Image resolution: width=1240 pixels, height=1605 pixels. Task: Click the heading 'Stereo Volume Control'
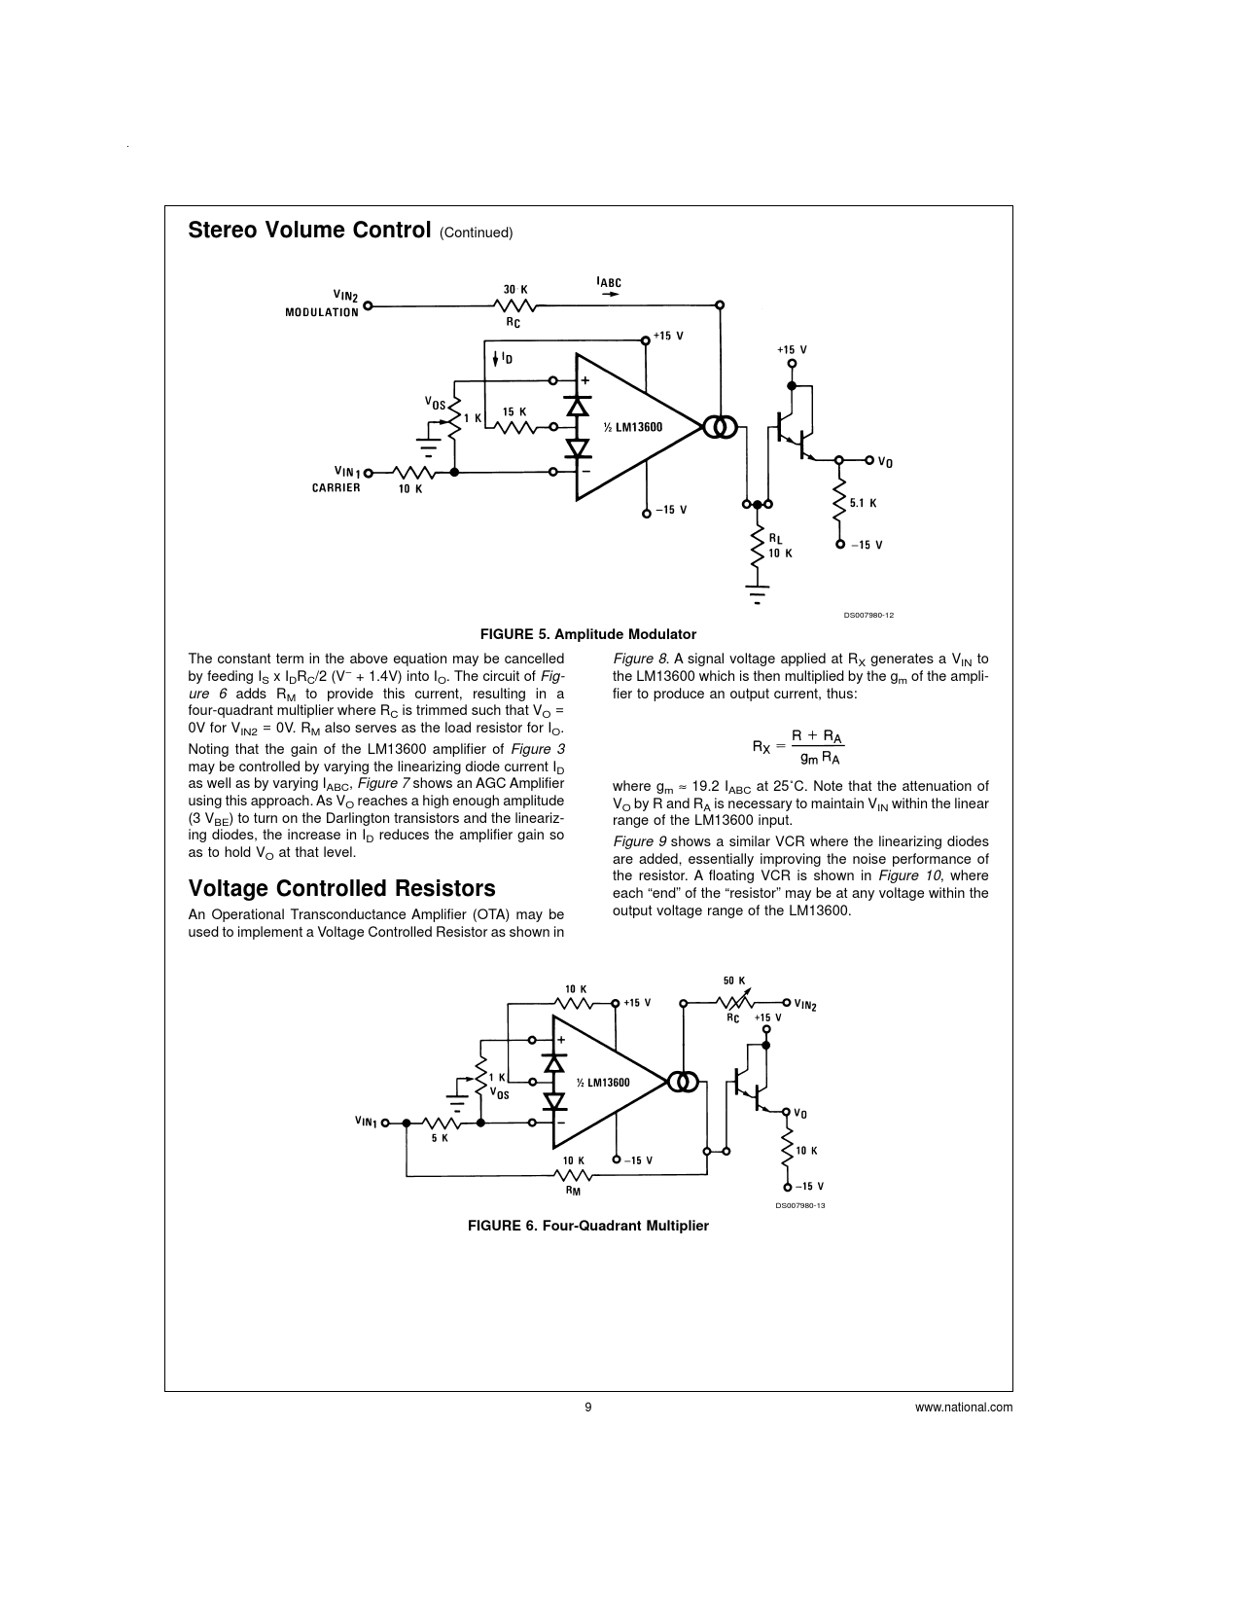(x=308, y=231)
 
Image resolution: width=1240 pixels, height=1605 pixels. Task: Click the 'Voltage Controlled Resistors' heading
(x=341, y=888)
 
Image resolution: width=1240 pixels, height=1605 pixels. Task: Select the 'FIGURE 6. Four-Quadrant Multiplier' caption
(x=588, y=1226)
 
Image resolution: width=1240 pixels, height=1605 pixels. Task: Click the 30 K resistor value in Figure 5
(x=515, y=290)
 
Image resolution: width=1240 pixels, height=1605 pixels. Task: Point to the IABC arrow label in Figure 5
(x=609, y=285)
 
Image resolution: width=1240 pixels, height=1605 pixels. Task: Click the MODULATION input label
(x=321, y=313)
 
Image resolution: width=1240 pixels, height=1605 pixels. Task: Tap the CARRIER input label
(x=336, y=487)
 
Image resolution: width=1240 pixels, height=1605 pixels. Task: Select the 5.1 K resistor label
(x=864, y=504)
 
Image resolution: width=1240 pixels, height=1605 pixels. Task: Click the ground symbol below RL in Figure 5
(x=757, y=593)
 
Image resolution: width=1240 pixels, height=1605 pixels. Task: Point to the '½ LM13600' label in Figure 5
(x=632, y=427)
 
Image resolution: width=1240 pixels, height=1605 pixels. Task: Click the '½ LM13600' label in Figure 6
(x=603, y=1083)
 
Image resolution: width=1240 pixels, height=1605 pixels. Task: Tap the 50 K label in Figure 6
(x=734, y=981)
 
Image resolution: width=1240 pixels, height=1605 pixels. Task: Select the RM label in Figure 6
(x=573, y=1190)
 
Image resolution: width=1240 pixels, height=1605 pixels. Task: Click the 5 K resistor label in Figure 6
(x=440, y=1138)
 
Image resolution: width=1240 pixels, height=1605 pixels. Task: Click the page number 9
(x=588, y=1407)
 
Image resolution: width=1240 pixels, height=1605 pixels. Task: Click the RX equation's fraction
(x=817, y=747)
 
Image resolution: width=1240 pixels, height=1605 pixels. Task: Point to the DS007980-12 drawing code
(x=868, y=615)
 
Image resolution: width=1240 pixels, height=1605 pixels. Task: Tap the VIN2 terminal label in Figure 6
(x=805, y=1005)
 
